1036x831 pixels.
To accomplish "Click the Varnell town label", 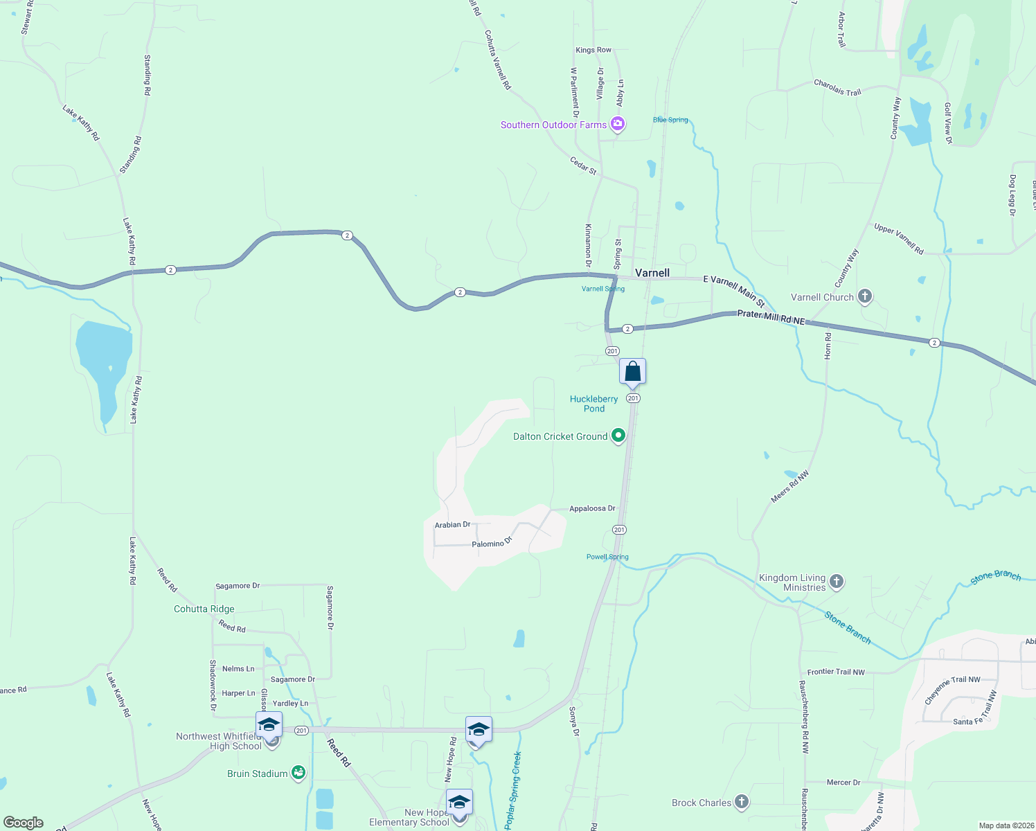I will (x=652, y=273).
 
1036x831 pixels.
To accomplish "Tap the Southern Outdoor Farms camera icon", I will (x=618, y=125).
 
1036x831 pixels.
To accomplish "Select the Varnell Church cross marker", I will (x=864, y=297).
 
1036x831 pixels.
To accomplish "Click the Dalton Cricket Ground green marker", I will (x=619, y=436).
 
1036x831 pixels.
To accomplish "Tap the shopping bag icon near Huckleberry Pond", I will (x=632, y=372).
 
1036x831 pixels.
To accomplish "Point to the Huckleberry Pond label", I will (x=593, y=404).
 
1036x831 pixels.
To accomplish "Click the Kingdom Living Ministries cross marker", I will (x=837, y=582).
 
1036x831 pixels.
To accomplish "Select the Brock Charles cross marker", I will (x=742, y=803).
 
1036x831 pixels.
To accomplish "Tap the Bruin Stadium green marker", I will (x=298, y=773).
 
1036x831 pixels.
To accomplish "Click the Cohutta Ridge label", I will (x=204, y=609).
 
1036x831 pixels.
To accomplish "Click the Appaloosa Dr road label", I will (x=592, y=508).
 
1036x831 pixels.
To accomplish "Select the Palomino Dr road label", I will (x=492, y=543).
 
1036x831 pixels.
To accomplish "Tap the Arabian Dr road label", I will (x=452, y=525).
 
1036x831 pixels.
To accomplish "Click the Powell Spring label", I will (x=607, y=557).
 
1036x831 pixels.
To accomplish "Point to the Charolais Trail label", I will (x=837, y=88).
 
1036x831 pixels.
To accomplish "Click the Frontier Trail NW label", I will (x=836, y=672).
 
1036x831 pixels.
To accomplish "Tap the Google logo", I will (x=24, y=823).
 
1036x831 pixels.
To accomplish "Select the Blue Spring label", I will (x=670, y=120).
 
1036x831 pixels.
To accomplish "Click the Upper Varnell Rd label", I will (x=898, y=238).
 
